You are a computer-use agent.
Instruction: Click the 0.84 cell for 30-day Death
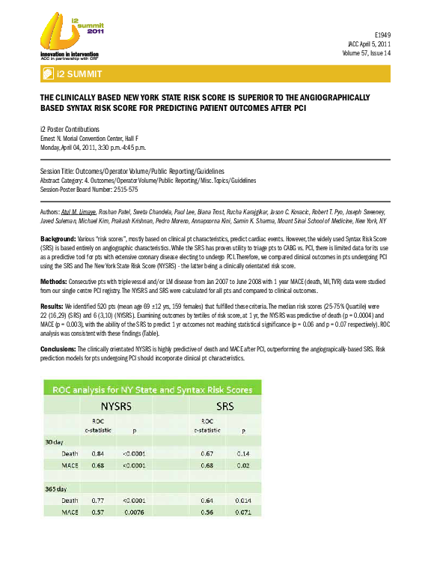97,454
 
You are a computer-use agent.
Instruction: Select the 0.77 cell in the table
97,501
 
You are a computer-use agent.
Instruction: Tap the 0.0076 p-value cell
143,512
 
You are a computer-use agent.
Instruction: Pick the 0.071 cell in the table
243,512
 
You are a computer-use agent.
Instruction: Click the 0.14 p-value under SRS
243,454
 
